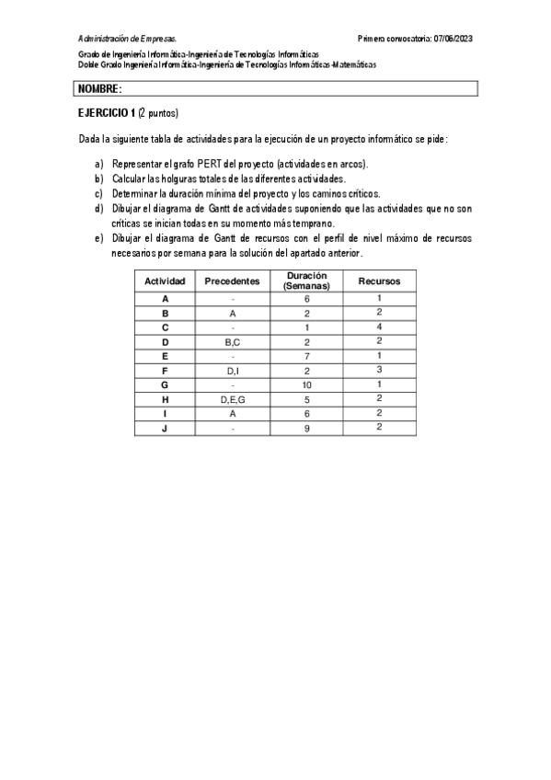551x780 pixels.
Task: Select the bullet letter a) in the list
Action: click(x=98, y=164)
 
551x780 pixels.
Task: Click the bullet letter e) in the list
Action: click(x=98, y=237)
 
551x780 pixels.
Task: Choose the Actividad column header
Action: click(x=165, y=280)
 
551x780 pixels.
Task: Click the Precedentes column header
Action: click(x=233, y=280)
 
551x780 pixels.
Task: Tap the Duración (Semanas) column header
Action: click(x=306, y=280)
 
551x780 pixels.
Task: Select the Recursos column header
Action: click(x=379, y=280)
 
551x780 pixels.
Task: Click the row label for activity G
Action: click(x=165, y=385)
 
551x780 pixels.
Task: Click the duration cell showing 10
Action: click(x=306, y=385)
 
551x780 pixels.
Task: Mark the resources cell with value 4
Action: click(x=379, y=327)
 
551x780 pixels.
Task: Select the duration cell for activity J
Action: click(x=306, y=429)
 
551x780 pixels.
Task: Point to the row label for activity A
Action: click(x=165, y=299)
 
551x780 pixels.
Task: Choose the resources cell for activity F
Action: click(x=379, y=371)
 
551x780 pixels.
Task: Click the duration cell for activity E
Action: click(x=306, y=357)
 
